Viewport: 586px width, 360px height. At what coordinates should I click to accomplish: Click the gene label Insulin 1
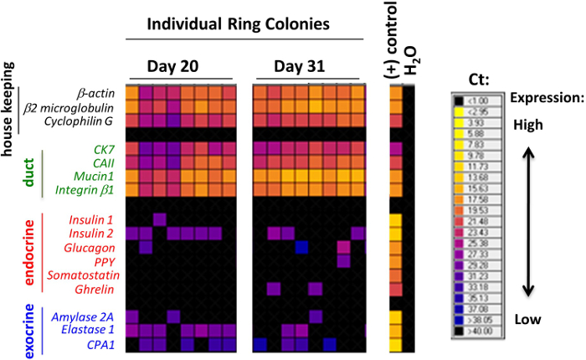(96, 219)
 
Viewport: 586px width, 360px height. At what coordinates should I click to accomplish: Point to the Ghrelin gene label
(99, 289)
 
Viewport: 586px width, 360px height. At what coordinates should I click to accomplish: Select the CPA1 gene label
(105, 343)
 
